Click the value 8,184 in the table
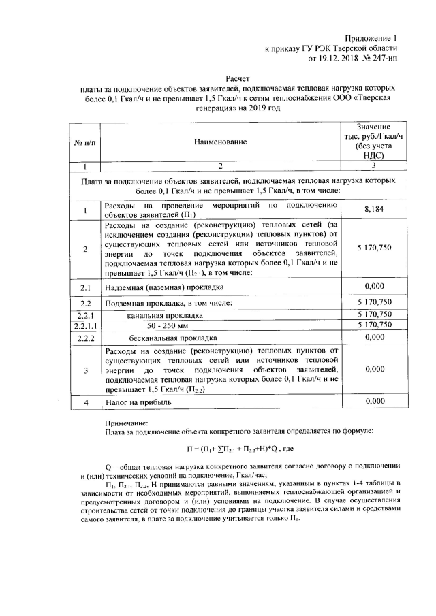click(x=372, y=210)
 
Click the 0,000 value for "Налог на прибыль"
click(x=372, y=402)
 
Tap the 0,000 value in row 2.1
click(x=372, y=287)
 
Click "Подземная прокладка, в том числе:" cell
click(x=168, y=303)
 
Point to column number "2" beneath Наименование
click(x=219, y=167)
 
